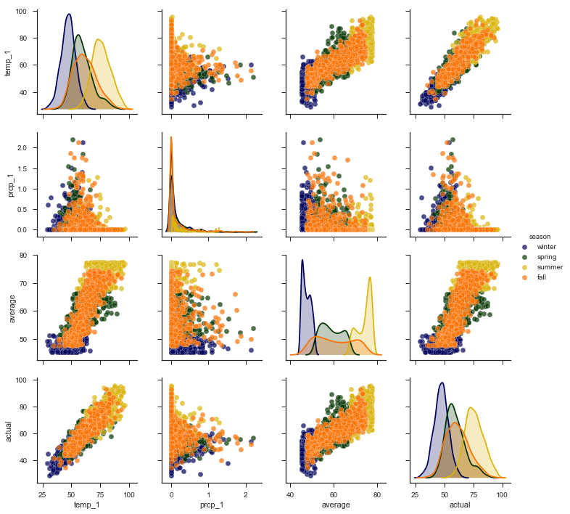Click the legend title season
540,237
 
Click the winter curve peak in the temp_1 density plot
69,15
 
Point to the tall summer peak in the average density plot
370,277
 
